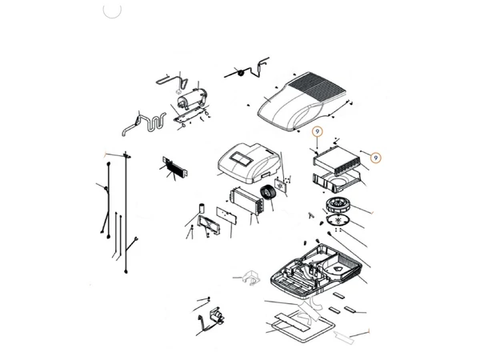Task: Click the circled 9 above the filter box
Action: pos(318,132)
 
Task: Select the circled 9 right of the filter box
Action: pos(376,158)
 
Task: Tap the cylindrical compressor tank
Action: pos(192,98)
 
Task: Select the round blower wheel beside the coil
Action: pos(269,193)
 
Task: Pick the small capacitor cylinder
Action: pos(202,207)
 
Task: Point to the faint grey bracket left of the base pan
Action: pos(250,278)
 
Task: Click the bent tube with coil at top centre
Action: pos(247,69)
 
